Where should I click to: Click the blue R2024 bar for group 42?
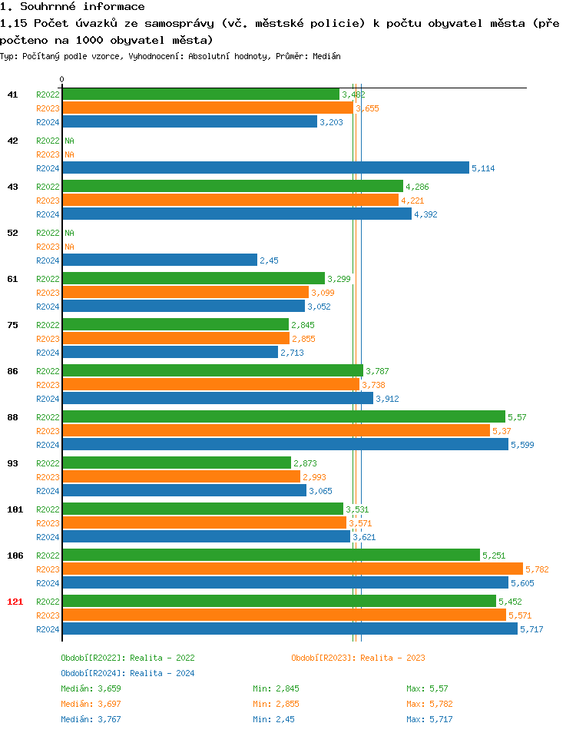tap(266, 167)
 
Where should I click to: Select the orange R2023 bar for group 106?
tap(293, 569)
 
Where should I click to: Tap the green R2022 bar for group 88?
tap(283, 416)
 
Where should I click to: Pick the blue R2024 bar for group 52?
tap(160, 260)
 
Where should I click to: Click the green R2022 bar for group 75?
tap(176, 324)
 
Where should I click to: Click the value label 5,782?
tap(537, 569)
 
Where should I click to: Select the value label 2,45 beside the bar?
tap(269, 260)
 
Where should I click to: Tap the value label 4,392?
tap(425, 214)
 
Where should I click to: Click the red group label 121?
tap(15, 602)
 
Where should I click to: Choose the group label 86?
tap(12, 371)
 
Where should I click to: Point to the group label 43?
tap(12, 187)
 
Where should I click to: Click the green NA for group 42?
tap(69, 141)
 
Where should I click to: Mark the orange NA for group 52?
tap(69, 247)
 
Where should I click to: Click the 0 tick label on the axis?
tap(62, 79)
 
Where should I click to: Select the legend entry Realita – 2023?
tap(358, 658)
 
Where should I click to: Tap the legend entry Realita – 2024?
tap(127, 673)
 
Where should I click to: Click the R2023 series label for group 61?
tap(48, 293)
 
